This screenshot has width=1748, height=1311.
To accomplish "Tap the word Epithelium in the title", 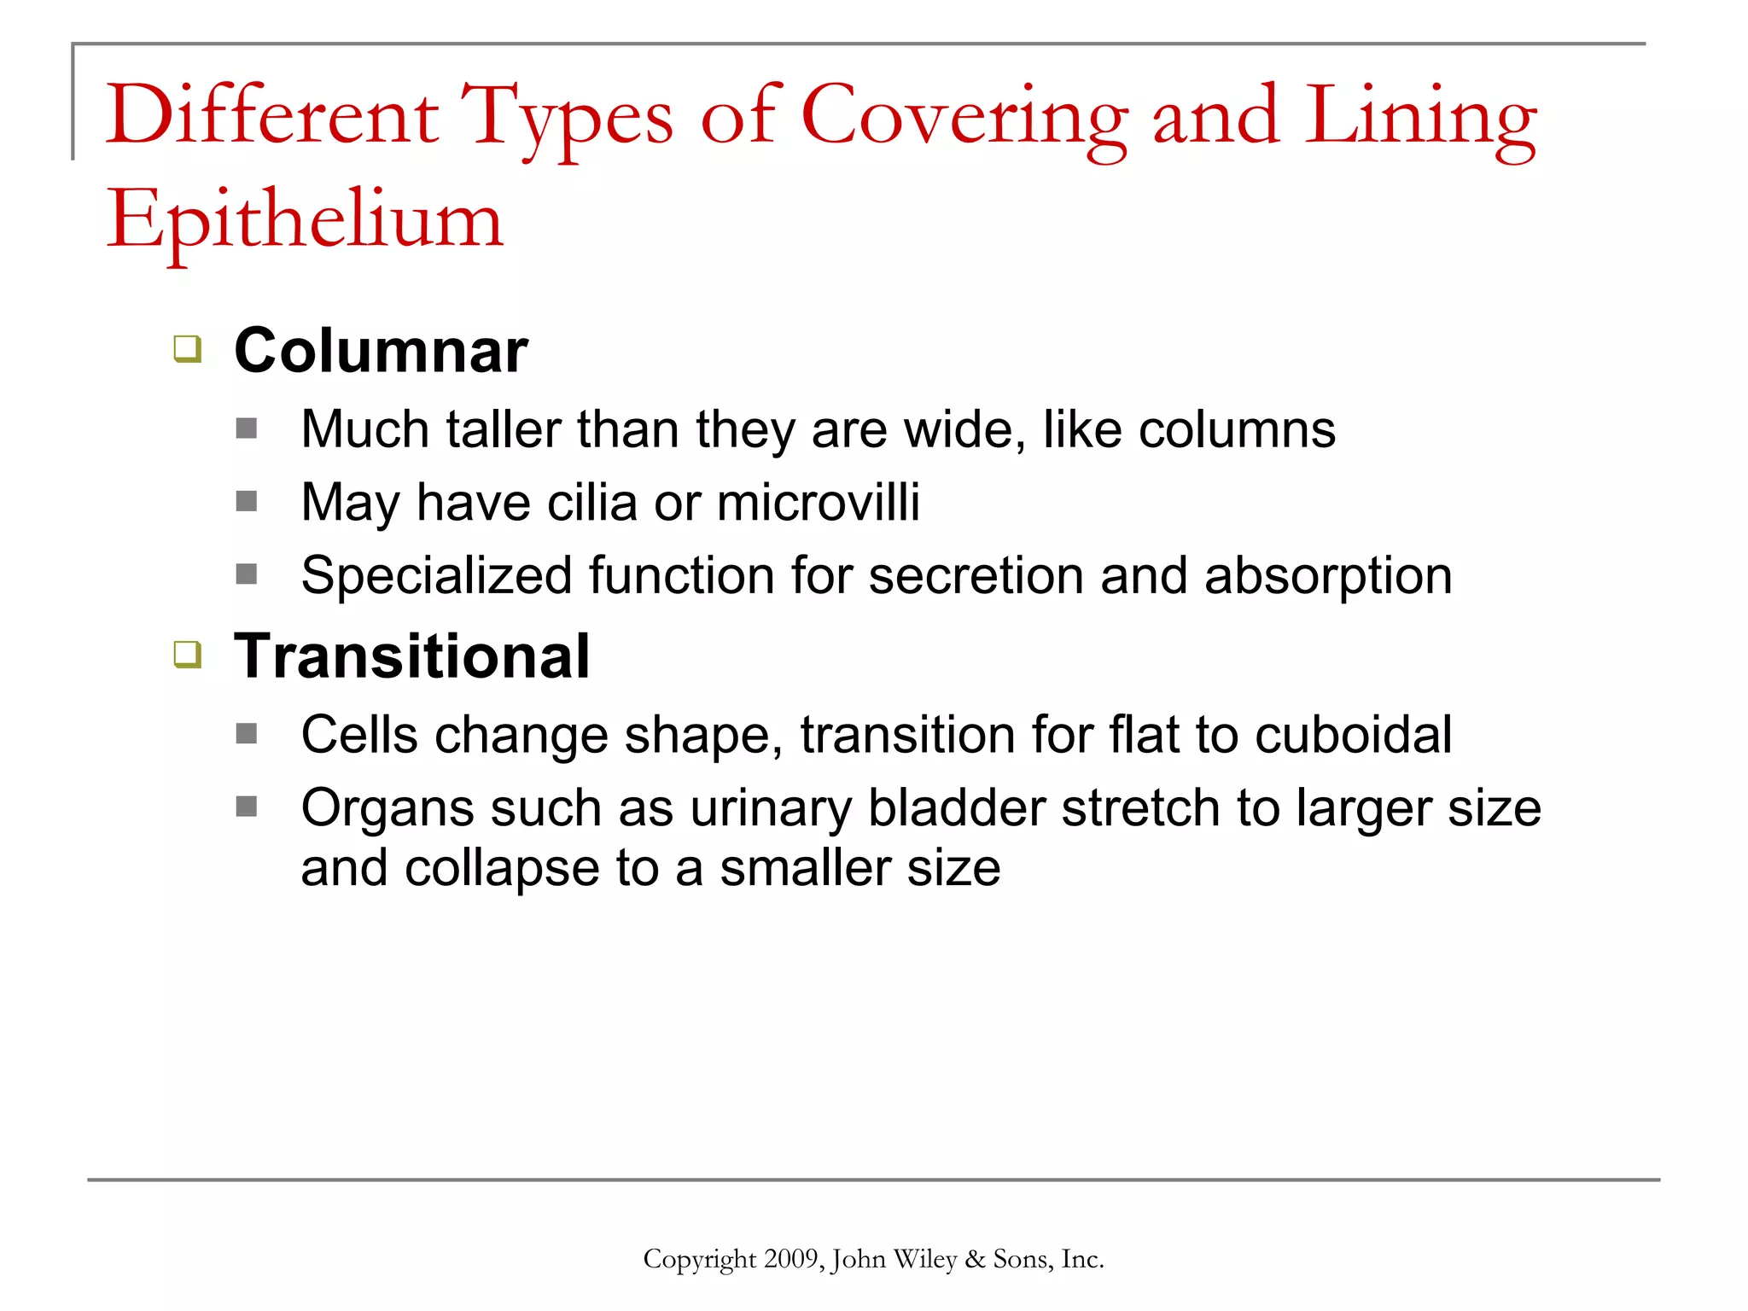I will click(x=305, y=221).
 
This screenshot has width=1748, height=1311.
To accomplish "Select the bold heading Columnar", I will click(x=381, y=351).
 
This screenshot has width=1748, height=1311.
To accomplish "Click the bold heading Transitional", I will click(x=411, y=656).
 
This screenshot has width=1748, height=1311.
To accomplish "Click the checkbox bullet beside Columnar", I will click(x=188, y=349).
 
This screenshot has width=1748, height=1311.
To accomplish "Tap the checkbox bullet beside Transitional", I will click(x=188, y=655).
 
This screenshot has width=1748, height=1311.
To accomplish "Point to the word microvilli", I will click(x=819, y=502).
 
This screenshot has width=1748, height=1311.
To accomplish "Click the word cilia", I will click(x=591, y=502).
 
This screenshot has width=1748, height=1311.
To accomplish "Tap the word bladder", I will click(x=956, y=808).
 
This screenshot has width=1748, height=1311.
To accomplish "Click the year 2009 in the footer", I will click(x=791, y=1260).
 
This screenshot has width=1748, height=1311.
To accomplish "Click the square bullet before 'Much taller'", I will click(x=247, y=428).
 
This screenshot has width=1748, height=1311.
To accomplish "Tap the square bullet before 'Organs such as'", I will click(x=247, y=807).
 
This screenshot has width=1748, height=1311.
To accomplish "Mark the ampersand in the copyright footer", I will click(x=974, y=1260).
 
